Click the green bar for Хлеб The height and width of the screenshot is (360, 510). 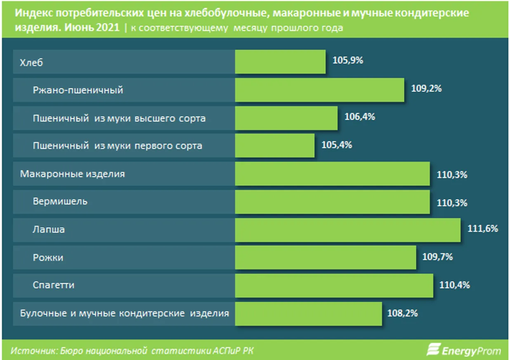tap(280, 62)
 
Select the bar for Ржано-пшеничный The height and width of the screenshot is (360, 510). tap(319, 90)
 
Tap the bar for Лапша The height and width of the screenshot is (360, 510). tap(347, 230)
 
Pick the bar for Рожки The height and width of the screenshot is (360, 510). tap(325, 258)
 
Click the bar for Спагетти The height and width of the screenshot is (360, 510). tap(334, 285)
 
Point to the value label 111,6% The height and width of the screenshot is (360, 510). tap(482, 229)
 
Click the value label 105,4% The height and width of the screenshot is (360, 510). tap(336, 145)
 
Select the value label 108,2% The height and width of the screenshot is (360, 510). tap(402, 313)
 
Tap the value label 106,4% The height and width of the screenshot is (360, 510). tap(359, 117)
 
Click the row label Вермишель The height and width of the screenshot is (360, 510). tap(60, 201)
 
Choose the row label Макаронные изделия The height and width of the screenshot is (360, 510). tap(72, 174)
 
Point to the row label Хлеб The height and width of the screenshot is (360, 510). tap(31, 63)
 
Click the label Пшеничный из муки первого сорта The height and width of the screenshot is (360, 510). tap(118, 146)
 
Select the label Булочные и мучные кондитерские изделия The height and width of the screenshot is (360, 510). tap(124, 313)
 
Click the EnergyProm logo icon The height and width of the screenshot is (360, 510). tap(433, 350)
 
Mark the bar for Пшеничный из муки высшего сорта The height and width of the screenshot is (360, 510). tap(286, 118)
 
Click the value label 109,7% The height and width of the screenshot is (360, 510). tap(437, 257)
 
